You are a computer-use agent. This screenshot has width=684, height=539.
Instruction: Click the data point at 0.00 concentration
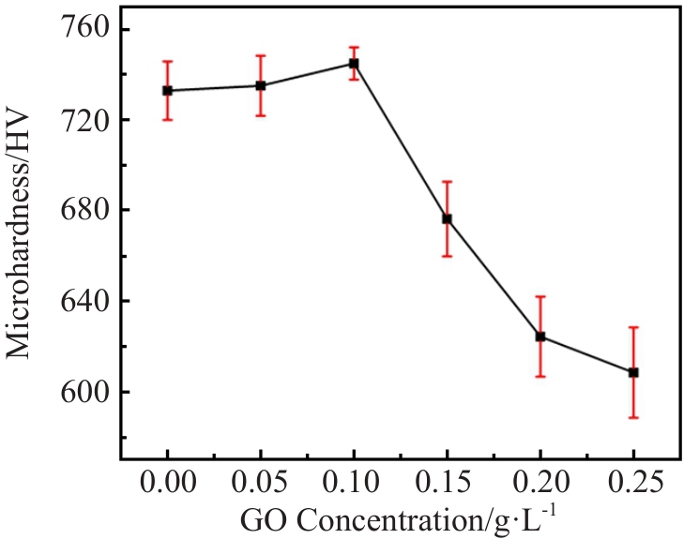[167, 91]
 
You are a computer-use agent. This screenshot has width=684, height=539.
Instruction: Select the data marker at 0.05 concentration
[260, 86]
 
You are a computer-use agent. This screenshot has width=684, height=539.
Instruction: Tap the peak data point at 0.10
[354, 64]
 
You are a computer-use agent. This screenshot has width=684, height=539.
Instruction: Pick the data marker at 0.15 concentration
[447, 218]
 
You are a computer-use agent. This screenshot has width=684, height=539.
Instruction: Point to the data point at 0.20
[540, 337]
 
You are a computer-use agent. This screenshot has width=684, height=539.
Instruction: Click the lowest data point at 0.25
[633, 372]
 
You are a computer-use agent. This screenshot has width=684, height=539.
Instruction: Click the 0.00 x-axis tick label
[167, 485]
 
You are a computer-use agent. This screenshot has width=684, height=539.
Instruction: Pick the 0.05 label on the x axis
[260, 485]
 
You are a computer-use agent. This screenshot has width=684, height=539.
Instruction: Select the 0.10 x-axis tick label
[354, 485]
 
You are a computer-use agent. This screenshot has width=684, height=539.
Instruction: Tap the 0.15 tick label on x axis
[447, 485]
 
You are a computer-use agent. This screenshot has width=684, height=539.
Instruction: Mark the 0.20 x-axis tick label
[540, 485]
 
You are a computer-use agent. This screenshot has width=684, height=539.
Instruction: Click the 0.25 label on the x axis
[633, 485]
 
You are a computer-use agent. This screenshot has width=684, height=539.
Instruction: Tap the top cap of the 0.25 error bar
[633, 327]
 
